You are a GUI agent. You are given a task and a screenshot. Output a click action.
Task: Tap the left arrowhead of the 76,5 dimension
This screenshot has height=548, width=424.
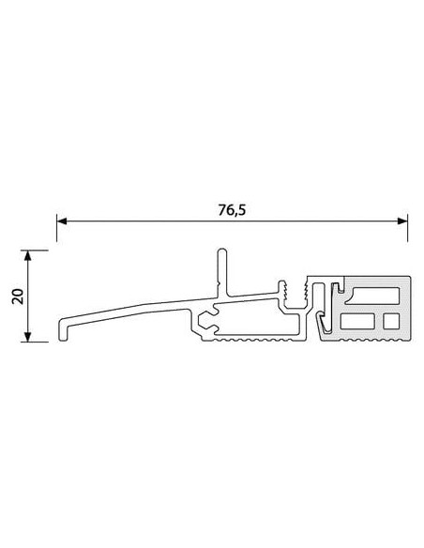pyautogui.click(x=61, y=222)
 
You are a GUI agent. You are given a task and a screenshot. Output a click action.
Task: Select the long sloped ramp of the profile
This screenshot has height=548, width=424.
pyautogui.click(x=131, y=311)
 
